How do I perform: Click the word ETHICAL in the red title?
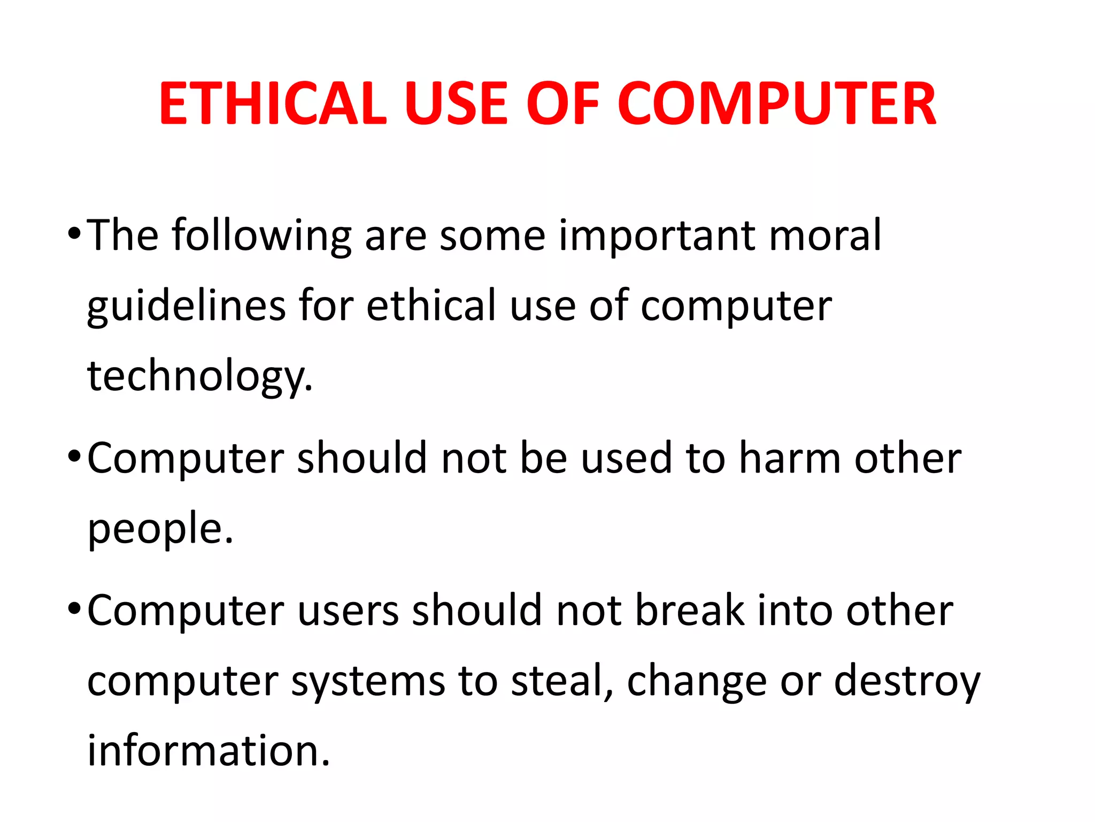(x=273, y=104)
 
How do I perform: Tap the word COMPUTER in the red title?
(x=776, y=104)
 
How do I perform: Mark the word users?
(x=348, y=611)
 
